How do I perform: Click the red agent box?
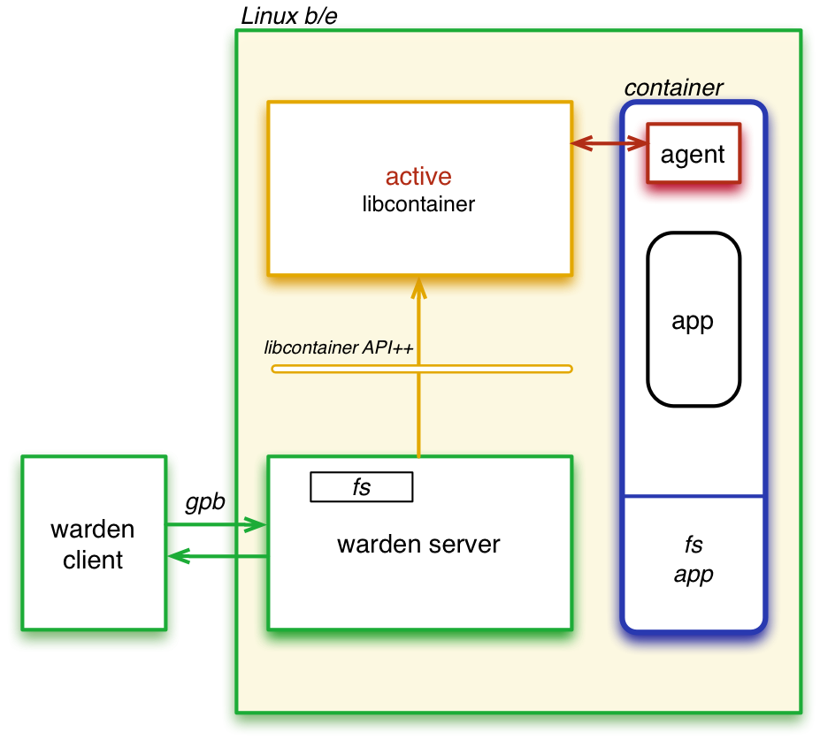(693, 154)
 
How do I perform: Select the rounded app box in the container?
(693, 320)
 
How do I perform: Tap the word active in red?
(418, 177)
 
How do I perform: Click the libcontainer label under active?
(418, 204)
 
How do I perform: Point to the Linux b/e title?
(288, 15)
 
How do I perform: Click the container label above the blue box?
(673, 88)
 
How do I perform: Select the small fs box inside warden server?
(361, 487)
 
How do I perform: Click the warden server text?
(418, 544)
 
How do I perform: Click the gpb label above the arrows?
(205, 502)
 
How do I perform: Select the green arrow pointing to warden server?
(217, 525)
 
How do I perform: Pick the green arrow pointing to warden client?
(217, 556)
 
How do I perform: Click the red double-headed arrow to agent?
(609, 142)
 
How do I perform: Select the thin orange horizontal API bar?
(495, 368)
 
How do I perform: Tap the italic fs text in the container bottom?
(693, 544)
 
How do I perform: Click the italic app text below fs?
(693, 575)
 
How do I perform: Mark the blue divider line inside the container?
(693, 496)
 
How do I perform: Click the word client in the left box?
(93, 560)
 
